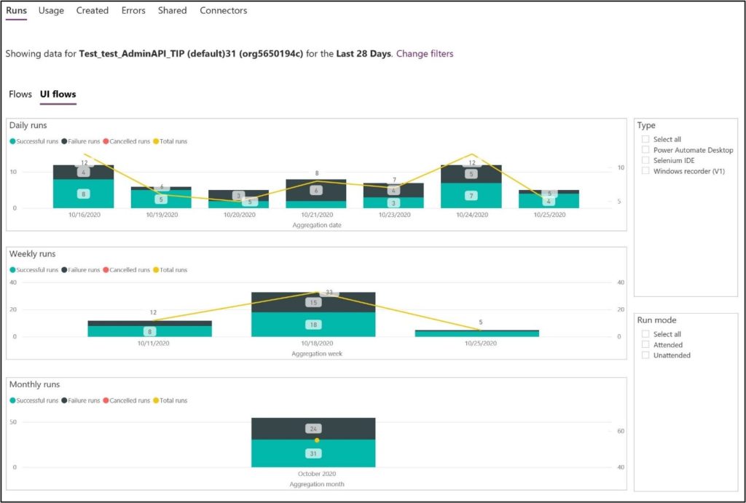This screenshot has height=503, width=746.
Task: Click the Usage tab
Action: click(51, 11)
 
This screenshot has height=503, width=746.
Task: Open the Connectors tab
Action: click(223, 11)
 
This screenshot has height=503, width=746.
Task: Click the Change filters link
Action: click(424, 54)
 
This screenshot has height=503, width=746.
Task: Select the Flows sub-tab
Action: click(20, 95)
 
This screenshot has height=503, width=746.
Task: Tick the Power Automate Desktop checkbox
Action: click(645, 150)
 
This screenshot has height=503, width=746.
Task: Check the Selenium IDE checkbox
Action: click(645, 160)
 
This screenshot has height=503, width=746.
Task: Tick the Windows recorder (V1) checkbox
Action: click(645, 171)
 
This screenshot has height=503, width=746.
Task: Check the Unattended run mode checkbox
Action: click(645, 355)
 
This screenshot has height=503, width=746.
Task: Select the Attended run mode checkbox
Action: click(645, 345)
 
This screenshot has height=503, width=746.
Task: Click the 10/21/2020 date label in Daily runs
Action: click(315, 215)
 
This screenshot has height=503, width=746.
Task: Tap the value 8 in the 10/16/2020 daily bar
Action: click(83, 194)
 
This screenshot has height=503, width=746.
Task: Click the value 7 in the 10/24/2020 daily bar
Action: click(471, 196)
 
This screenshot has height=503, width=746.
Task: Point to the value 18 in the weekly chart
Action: click(313, 324)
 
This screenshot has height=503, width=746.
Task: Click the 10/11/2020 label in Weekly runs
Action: click(149, 344)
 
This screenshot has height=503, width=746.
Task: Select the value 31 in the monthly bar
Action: click(313, 454)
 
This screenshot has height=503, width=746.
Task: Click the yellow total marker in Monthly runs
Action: click(317, 440)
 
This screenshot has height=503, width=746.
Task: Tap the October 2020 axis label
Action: click(313, 474)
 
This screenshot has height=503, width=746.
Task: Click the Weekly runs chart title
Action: click(33, 254)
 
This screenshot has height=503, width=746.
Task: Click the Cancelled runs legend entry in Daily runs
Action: click(128, 141)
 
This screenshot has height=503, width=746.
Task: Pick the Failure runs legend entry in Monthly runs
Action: click(85, 400)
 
